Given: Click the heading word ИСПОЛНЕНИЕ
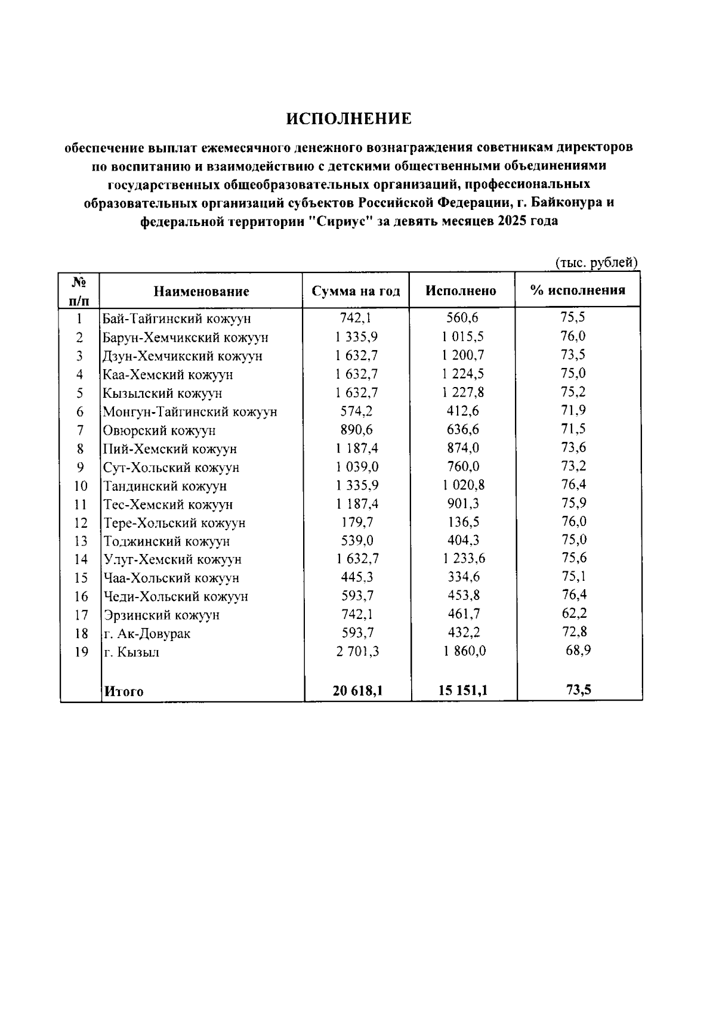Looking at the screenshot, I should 349,119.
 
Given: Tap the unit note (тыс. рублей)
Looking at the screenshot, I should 597,262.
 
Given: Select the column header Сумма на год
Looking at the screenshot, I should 356,291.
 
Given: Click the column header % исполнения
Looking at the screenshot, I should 578,290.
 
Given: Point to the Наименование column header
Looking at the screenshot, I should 201,292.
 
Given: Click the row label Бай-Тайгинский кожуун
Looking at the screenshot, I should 177,319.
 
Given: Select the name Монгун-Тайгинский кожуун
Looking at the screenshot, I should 190,412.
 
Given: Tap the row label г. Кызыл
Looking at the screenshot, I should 132,652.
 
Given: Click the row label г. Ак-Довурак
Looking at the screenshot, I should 147,634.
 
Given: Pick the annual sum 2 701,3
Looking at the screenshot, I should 357,651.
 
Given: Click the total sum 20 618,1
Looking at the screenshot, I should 357,691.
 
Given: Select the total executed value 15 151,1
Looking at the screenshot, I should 463,691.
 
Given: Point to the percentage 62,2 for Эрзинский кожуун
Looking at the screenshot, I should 574,614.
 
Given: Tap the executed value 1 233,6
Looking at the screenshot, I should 463,559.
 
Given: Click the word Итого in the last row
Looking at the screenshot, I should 124,692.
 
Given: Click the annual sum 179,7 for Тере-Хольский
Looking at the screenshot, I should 357,522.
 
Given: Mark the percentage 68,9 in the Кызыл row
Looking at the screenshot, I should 578,651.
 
